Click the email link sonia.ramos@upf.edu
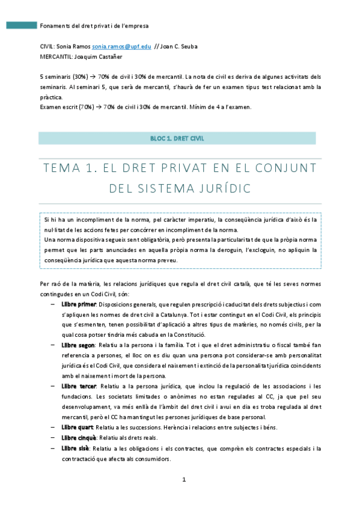coord(126,46)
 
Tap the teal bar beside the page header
coord(21,26)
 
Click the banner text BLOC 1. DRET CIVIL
coord(177,138)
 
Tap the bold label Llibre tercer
coord(75,386)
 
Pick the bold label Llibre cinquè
coord(76,437)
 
